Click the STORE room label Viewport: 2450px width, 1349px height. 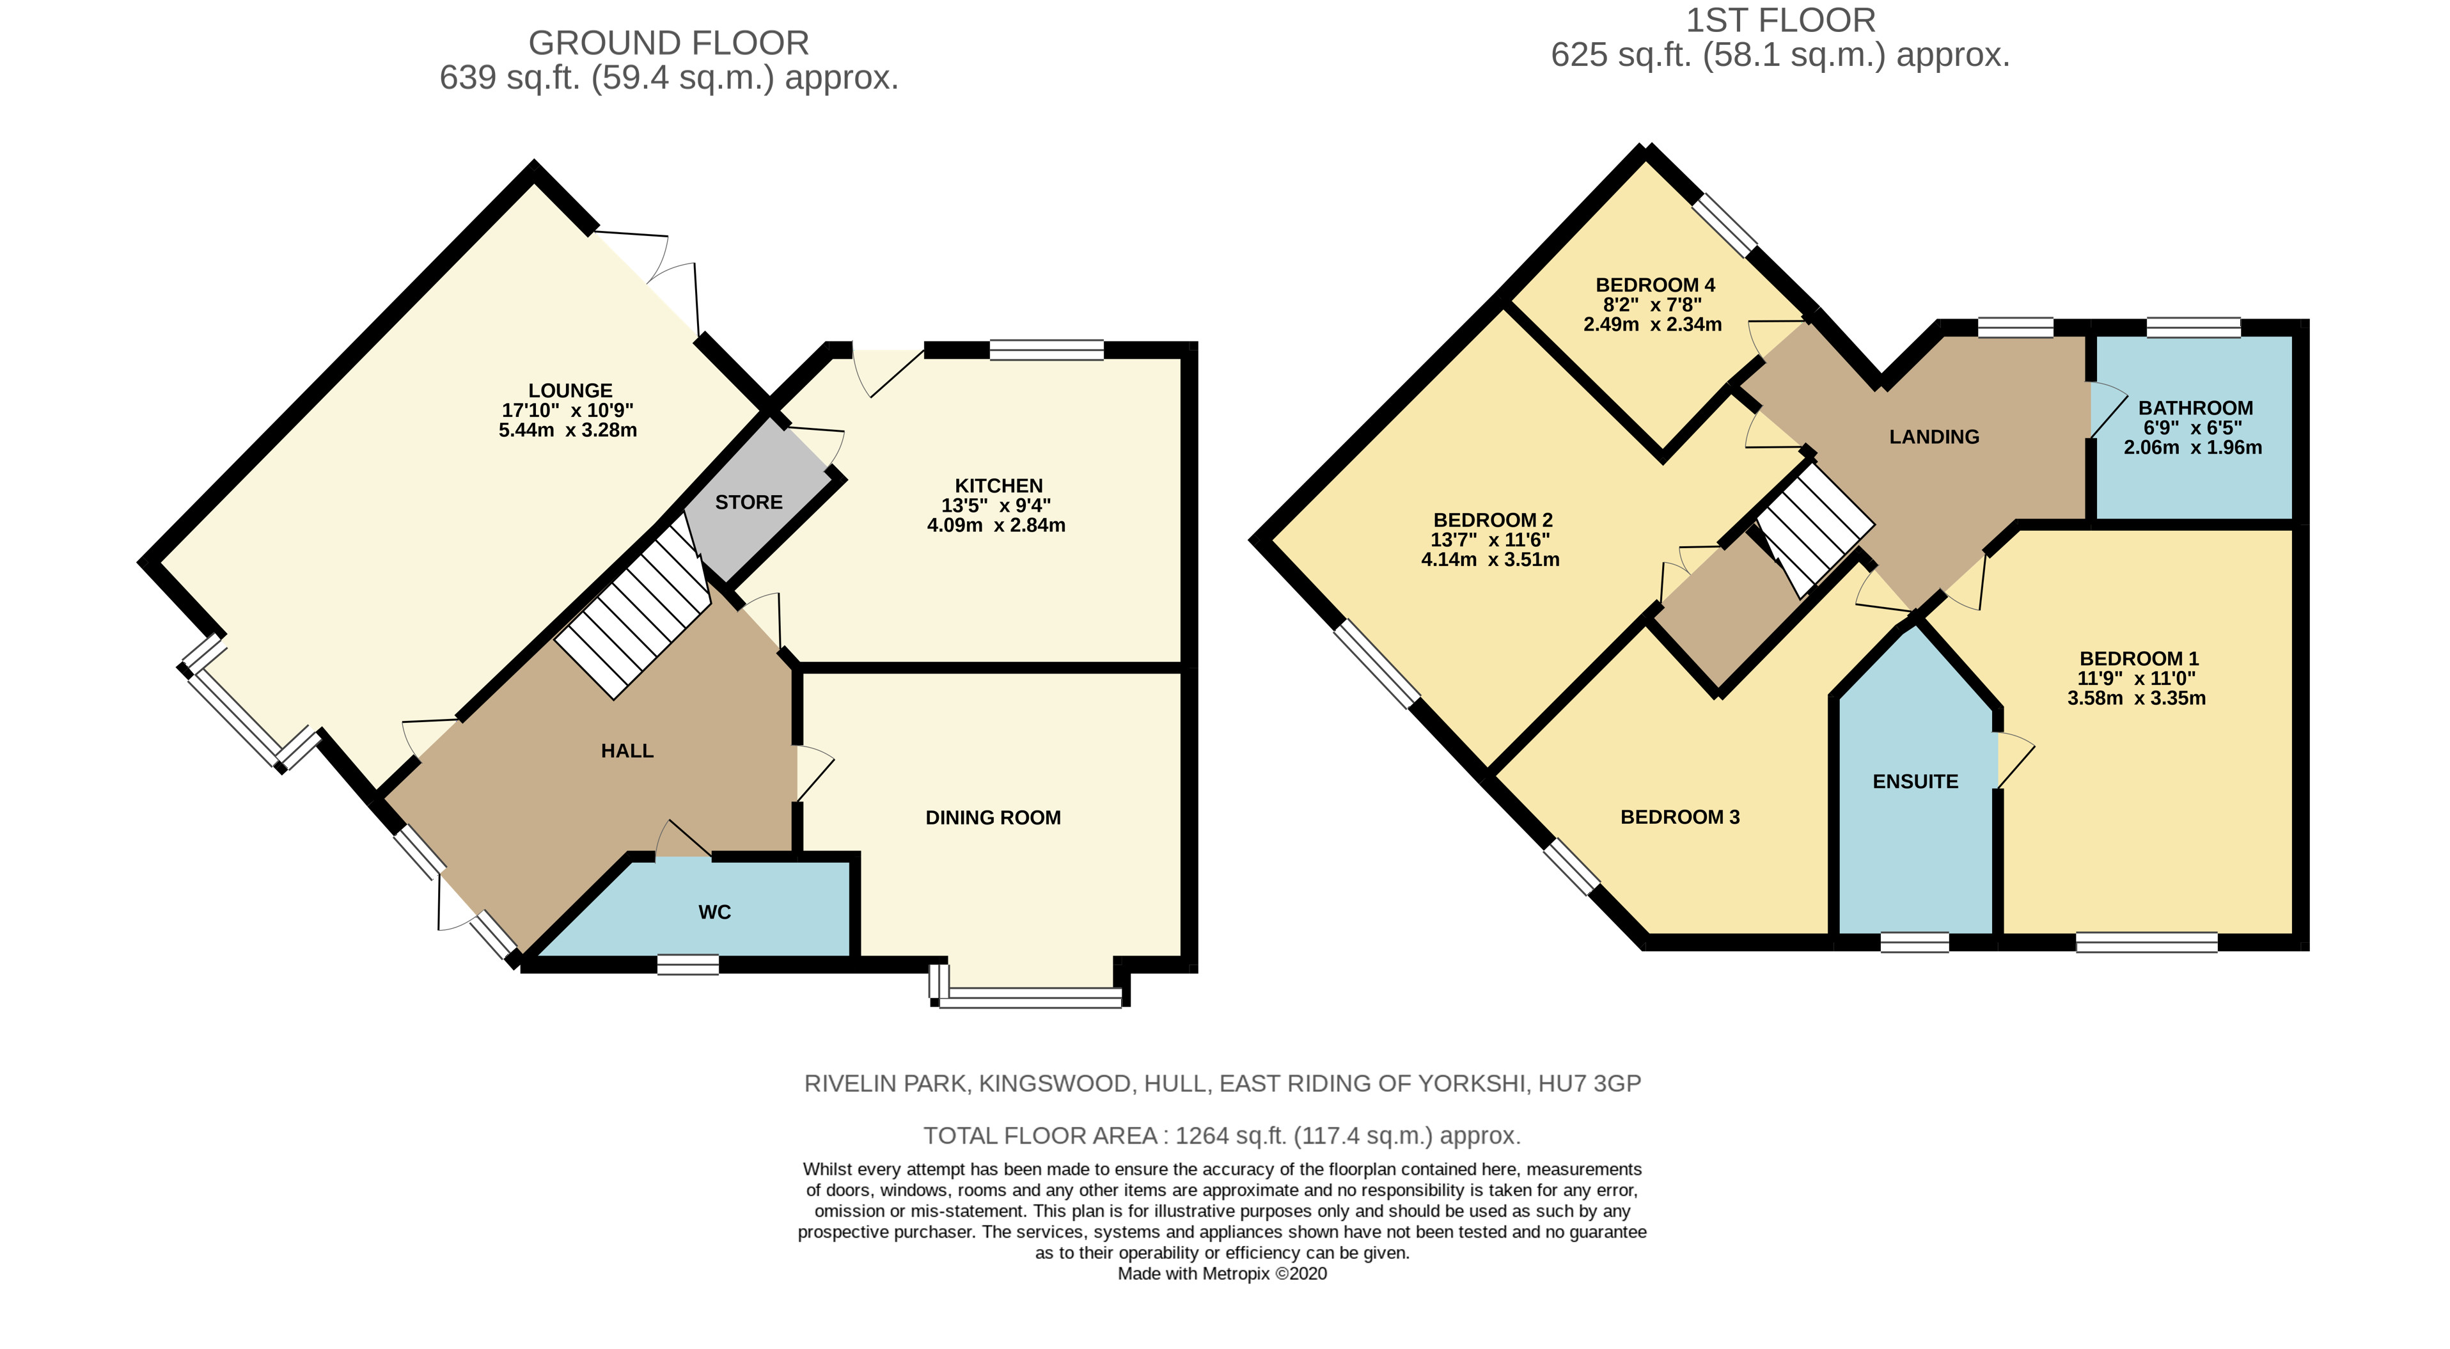pos(748,502)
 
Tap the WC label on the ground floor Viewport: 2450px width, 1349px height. pos(714,912)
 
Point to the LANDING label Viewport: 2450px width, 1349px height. pos(1933,437)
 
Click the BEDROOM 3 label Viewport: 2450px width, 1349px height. pos(1679,817)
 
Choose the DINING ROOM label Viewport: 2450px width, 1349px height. pos(993,818)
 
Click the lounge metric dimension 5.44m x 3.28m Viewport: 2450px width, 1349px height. pos(568,430)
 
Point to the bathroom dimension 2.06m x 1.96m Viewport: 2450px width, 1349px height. pos(2193,447)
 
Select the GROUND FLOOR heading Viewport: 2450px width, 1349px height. pos(668,43)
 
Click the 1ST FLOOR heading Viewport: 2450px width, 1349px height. pos(1780,20)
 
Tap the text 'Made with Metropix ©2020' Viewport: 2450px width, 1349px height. pos(1222,1274)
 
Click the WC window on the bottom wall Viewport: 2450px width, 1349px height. pos(687,965)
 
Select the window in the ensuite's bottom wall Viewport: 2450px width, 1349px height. pos(1915,943)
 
